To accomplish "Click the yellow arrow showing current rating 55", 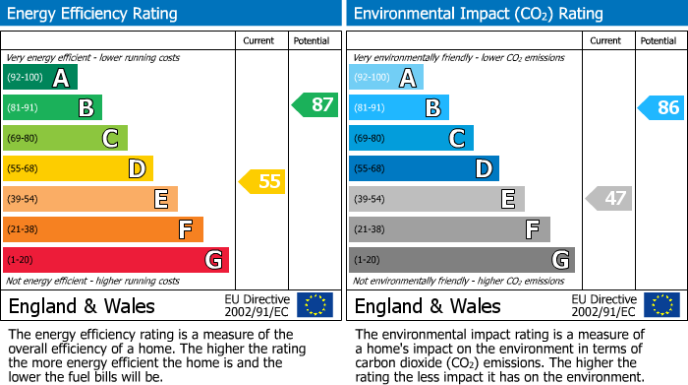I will coord(261,181).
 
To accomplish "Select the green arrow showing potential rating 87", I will coord(315,104).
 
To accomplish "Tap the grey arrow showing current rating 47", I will coord(608,198).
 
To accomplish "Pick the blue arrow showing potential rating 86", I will coord(661,107).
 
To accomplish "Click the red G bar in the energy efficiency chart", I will coord(116,260).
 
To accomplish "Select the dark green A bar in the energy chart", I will coord(40,78).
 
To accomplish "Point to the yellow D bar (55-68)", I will coord(79,168).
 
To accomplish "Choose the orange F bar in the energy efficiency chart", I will coord(103,229).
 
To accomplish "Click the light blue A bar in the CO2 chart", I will coord(386,78).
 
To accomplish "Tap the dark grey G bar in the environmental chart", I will coord(461,260).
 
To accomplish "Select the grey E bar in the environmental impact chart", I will coord(436,199).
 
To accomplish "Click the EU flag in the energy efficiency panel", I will coord(315,305).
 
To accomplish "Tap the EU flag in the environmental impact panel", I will coord(662,305).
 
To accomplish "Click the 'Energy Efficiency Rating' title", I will coord(93,14).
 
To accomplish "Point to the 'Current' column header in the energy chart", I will coord(260,40).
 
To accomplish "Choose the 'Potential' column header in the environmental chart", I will coord(659,40).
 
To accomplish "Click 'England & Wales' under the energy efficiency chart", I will coord(80,306).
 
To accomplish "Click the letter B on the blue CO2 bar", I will coord(432,108).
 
